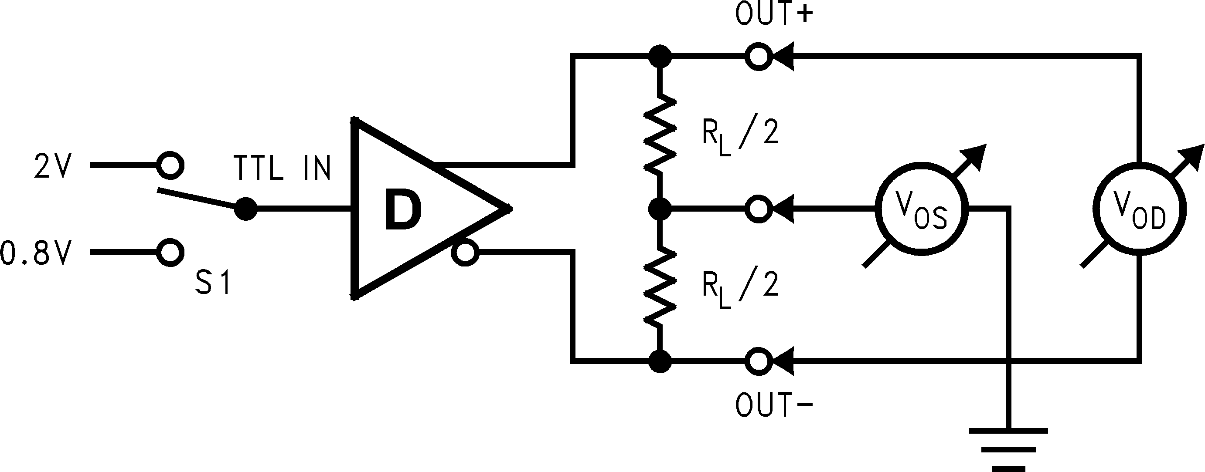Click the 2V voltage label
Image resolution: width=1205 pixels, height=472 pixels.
click(52, 167)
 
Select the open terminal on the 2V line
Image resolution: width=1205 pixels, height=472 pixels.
click(169, 165)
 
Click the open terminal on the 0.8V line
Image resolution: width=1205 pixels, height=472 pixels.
click(169, 253)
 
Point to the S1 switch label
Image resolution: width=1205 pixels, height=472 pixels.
click(213, 283)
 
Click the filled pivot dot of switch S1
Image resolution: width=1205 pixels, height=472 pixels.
click(245, 209)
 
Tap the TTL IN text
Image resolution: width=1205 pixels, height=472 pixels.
click(282, 168)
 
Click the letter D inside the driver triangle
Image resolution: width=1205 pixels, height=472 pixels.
click(403, 211)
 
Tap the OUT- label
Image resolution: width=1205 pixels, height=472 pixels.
click(774, 405)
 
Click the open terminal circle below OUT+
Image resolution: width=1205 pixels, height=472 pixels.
click(758, 57)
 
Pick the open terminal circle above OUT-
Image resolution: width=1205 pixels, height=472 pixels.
click(758, 361)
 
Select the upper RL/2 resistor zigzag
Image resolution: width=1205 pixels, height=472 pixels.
click(660, 133)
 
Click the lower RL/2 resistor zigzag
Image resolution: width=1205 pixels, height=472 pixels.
click(660, 286)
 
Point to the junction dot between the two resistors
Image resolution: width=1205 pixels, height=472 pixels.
click(660, 209)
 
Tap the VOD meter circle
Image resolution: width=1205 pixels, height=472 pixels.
click(1139, 209)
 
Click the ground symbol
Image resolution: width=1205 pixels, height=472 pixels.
click(1008, 449)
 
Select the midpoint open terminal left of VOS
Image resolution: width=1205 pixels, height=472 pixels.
click(758, 209)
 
